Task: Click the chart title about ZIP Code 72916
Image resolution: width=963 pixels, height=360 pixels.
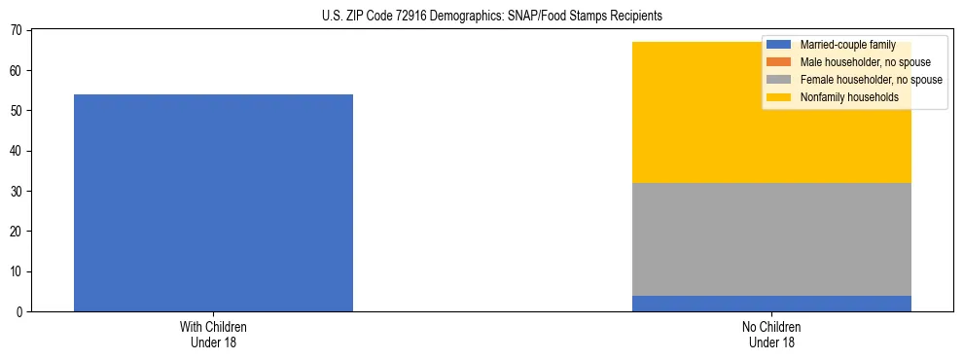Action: click(x=491, y=16)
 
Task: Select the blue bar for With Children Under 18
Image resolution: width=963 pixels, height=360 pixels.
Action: click(x=213, y=202)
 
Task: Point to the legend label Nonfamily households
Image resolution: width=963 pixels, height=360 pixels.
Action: click(x=849, y=97)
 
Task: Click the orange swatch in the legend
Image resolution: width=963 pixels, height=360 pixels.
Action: click(x=779, y=62)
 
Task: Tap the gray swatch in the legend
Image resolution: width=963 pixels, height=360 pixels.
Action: click(x=779, y=80)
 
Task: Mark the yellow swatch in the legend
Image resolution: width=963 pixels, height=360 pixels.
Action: click(x=779, y=97)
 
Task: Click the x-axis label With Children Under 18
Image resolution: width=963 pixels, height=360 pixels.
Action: click(x=213, y=335)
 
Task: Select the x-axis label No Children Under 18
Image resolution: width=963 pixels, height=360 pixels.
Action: click(x=771, y=335)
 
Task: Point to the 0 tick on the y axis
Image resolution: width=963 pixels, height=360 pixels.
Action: click(x=21, y=311)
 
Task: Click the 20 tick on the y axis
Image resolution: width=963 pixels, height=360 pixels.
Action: click(x=18, y=232)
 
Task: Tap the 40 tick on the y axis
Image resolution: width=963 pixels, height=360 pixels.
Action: click(x=18, y=151)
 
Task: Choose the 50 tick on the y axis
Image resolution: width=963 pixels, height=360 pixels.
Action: click(x=18, y=111)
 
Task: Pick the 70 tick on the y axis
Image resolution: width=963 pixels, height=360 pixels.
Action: click(x=18, y=31)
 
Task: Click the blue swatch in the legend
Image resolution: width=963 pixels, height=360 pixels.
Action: click(x=779, y=45)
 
